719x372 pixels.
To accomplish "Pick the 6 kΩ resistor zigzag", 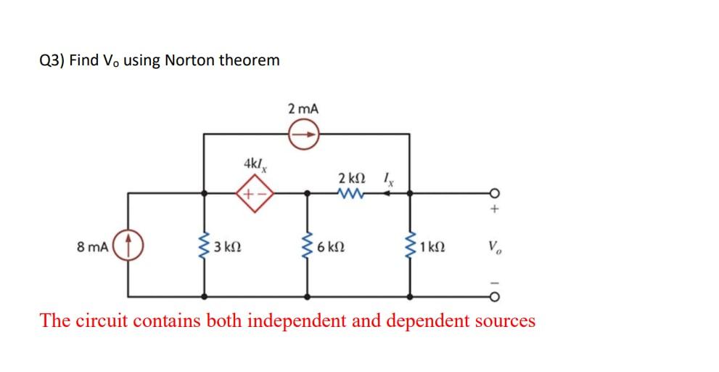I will point(307,246).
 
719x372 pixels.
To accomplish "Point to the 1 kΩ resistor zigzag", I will point(410,246).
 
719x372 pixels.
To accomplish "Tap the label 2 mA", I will point(303,109).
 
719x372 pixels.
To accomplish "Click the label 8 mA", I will point(92,246).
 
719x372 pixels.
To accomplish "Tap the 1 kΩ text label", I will point(432,246).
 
